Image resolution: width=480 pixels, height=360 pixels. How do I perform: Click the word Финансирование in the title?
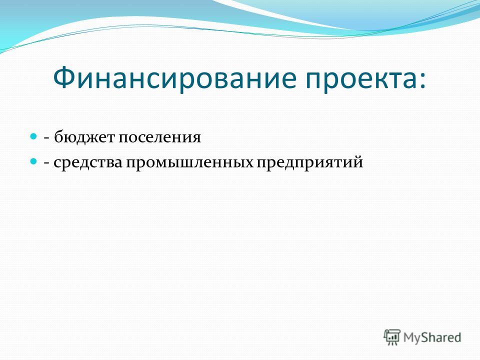pyautogui.click(x=175, y=78)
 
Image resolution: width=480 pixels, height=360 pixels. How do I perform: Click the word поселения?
pyautogui.click(x=159, y=138)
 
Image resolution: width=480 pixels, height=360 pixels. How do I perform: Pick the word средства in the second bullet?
pyautogui.click(x=88, y=162)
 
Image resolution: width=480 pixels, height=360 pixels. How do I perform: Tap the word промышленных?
pyautogui.click(x=189, y=162)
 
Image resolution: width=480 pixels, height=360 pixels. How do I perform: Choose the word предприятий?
pyautogui.click(x=309, y=162)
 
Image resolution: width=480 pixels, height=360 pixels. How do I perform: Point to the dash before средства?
pyautogui.click(x=47, y=164)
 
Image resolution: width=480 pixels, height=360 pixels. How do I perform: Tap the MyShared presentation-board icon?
pyautogui.click(x=392, y=337)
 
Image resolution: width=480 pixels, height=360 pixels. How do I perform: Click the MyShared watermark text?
pyautogui.click(x=432, y=337)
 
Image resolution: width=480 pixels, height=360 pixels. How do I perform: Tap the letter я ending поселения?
pyautogui.click(x=196, y=138)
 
